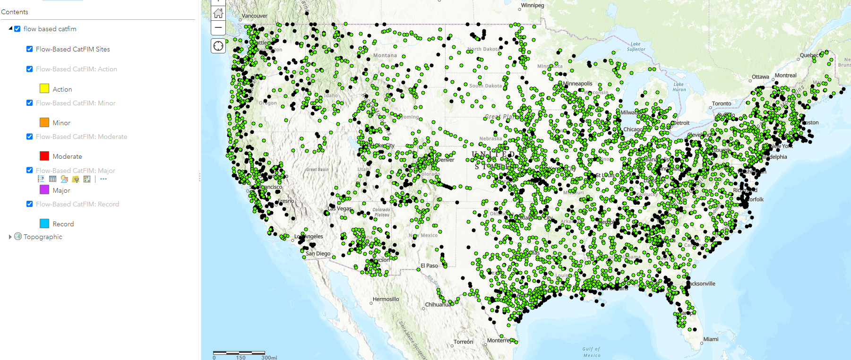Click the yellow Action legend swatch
point(44,88)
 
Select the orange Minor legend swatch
point(44,122)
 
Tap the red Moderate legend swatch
point(44,156)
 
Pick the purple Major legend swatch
point(44,189)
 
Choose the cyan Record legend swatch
point(44,223)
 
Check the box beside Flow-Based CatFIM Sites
point(30,49)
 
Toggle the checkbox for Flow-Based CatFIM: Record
point(30,204)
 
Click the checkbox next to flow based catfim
point(17,29)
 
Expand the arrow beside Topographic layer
point(10,237)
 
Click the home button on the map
point(218,13)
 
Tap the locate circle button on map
point(218,46)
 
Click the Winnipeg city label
point(533,6)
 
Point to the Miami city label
point(711,339)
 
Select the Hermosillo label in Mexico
point(386,299)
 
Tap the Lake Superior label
point(636,46)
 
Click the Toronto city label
point(722,103)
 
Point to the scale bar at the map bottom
point(239,353)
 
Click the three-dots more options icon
point(103,179)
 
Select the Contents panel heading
point(15,12)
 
